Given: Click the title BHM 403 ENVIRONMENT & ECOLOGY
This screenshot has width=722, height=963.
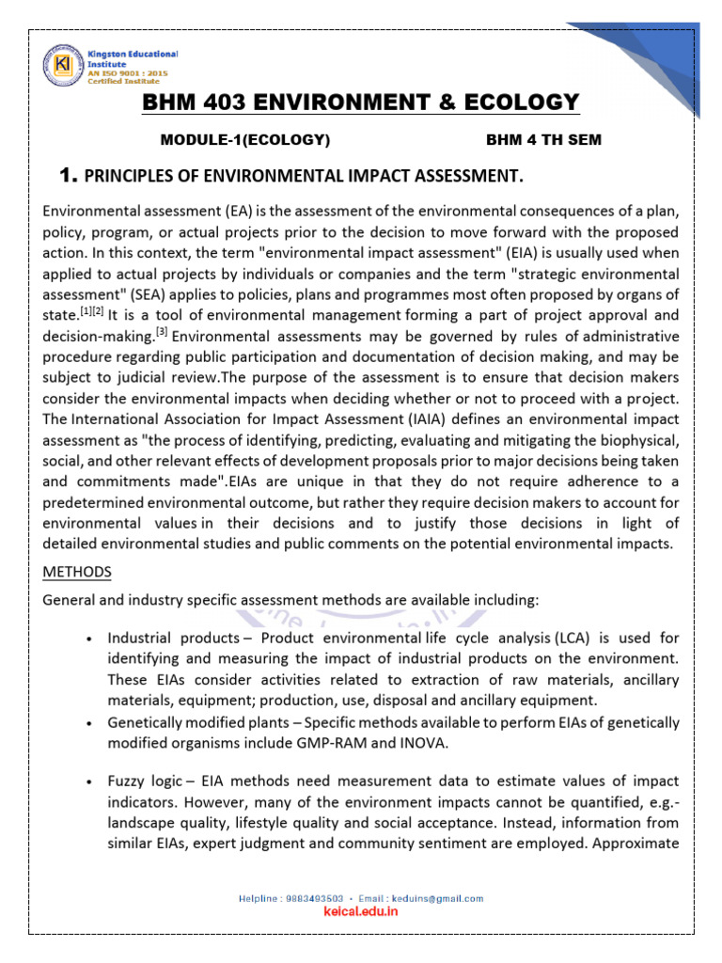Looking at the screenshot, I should [361, 103].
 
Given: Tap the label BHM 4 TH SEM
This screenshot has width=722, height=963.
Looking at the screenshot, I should [543, 140].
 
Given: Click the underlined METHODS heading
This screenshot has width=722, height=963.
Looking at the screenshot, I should [77, 572].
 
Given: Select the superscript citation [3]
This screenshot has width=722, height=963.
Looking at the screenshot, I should [162, 331].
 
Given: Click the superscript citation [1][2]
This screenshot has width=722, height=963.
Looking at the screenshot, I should [91, 311].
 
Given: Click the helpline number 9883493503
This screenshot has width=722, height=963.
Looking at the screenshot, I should [308, 898].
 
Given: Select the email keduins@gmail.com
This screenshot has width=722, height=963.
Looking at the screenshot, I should [443, 898].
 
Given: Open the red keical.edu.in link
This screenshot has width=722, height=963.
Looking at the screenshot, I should [361, 912].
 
